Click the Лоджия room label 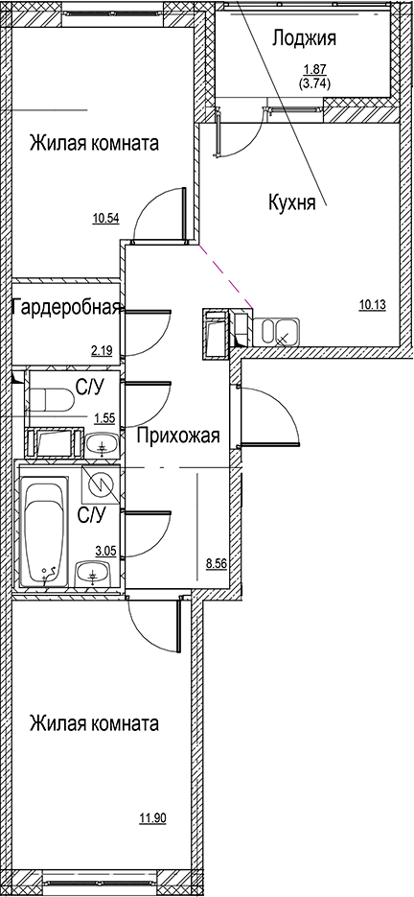point(304,38)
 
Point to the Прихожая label point(178,437)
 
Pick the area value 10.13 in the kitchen point(373,305)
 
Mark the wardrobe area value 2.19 point(102,351)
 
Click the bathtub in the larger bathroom point(44,532)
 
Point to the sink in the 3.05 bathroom point(94,575)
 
